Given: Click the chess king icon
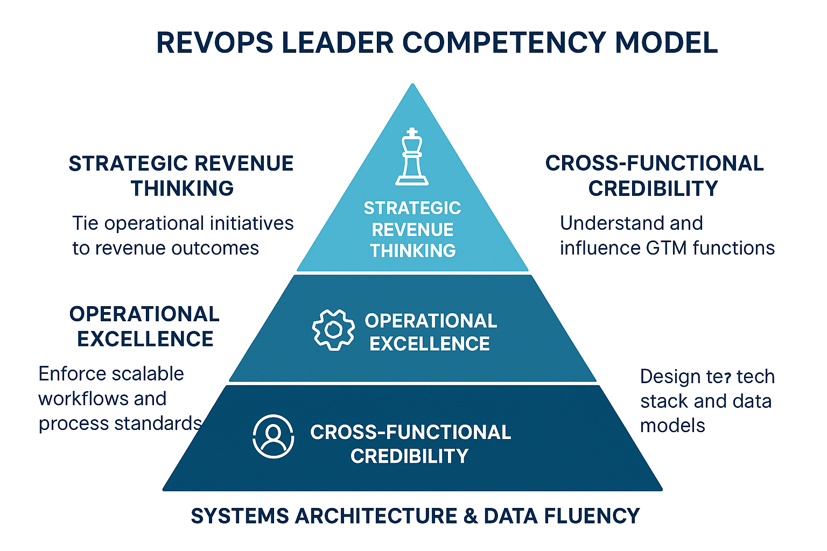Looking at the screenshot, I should point(412,157).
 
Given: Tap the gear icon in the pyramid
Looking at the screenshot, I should point(333,330).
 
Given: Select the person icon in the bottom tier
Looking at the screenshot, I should point(274,436).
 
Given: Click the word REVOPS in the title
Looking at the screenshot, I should point(215,43).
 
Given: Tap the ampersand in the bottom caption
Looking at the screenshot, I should point(470,516).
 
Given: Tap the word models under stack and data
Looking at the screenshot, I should point(672,426).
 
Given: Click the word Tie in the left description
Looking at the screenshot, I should point(85,223).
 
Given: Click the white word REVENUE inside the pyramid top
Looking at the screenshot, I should point(412,230).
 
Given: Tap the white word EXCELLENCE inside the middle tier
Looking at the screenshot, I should point(430,344).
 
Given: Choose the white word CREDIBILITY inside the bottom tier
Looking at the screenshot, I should point(409,456).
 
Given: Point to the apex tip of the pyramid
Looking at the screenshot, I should point(412,85).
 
